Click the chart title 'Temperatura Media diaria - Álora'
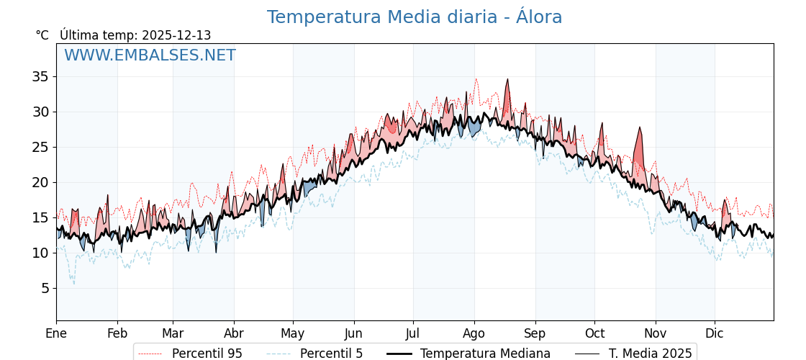[x=414, y=17]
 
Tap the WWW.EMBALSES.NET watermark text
[x=150, y=55]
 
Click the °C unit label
[x=42, y=35]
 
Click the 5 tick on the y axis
[x=45, y=288]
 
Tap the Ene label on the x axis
[x=56, y=334]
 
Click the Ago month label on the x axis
[x=474, y=334]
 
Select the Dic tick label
[x=715, y=334]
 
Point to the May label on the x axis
[x=292, y=334]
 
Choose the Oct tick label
[x=594, y=334]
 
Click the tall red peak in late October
[x=639, y=129]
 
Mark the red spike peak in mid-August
[x=507, y=80]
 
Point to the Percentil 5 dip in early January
[x=73, y=283]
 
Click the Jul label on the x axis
[x=413, y=334]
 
